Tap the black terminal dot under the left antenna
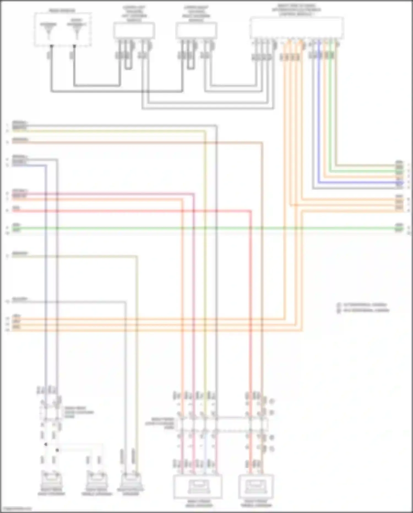(51, 46)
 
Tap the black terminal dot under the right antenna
(74, 46)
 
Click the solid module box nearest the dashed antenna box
(134, 31)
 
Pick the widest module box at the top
(297, 28)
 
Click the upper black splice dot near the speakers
(46, 444)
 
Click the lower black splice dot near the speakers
(57, 450)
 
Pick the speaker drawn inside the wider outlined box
(198, 487)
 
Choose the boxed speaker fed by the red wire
(256, 487)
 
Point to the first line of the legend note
(362, 305)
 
